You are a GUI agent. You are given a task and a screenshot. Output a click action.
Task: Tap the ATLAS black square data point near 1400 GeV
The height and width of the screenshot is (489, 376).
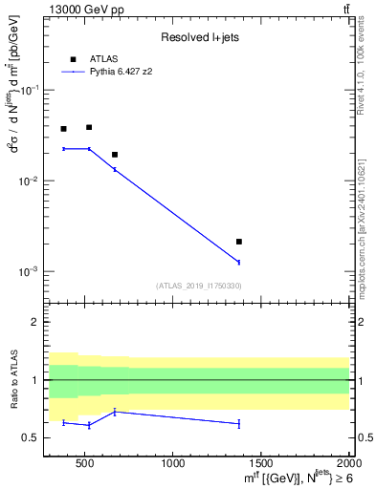pyautogui.click(x=239, y=242)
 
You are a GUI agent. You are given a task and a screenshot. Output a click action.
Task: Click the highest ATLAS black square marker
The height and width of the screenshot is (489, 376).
pyautogui.click(x=89, y=127)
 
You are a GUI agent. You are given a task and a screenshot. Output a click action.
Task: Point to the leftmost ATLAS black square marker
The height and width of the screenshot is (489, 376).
pyautogui.click(x=63, y=129)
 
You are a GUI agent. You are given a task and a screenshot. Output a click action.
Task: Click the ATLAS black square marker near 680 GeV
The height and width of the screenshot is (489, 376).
pyautogui.click(x=115, y=155)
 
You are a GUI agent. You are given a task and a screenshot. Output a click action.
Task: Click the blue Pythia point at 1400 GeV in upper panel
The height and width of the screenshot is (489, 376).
pyautogui.click(x=239, y=262)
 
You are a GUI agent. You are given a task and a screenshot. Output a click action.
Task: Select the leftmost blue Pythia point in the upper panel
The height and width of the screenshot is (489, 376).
pyautogui.click(x=63, y=149)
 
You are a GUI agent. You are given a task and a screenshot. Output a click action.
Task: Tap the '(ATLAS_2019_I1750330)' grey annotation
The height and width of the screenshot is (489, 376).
pyautogui.click(x=198, y=286)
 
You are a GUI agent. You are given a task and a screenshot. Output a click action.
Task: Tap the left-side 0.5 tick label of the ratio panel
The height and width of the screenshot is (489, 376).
pyautogui.click(x=31, y=437)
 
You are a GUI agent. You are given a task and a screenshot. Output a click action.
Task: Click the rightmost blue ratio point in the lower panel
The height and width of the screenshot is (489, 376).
pyautogui.click(x=239, y=423)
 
